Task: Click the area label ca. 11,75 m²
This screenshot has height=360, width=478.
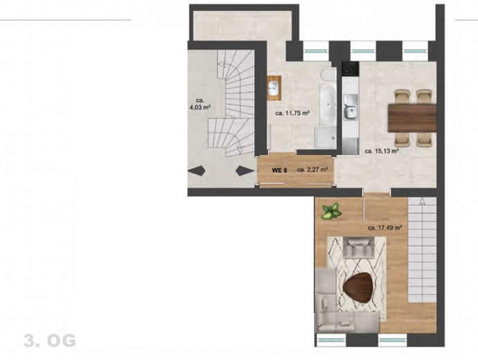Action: [x=292, y=114]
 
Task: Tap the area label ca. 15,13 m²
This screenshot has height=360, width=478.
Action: [x=382, y=151]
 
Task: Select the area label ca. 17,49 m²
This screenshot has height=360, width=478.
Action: [x=384, y=228]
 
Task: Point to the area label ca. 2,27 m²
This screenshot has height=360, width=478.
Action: [x=312, y=170]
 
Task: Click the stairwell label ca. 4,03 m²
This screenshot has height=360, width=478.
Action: [x=200, y=104]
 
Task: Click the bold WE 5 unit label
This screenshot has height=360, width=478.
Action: [x=279, y=170]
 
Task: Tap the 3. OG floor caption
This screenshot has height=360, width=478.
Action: [x=50, y=341]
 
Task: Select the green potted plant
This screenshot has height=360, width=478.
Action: [x=331, y=211]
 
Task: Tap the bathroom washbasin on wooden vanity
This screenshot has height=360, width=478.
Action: [x=274, y=88]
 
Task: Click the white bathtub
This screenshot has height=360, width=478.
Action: [x=328, y=105]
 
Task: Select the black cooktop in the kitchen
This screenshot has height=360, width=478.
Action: [x=350, y=69]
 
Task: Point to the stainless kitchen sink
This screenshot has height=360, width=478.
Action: [x=351, y=107]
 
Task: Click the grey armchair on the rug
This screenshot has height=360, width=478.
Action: [x=359, y=248]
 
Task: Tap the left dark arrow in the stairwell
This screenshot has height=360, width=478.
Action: [x=197, y=170]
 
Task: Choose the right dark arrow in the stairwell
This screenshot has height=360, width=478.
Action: [x=245, y=170]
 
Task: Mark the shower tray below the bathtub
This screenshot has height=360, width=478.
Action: [x=326, y=138]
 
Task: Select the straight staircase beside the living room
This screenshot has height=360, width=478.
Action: [x=422, y=250]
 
